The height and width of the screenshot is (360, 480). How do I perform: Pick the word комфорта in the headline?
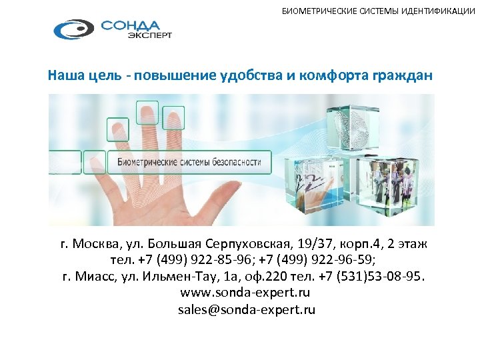click(334, 75)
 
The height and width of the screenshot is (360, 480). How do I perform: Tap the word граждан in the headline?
click(403, 75)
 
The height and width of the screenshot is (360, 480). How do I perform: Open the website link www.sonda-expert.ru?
click(245, 293)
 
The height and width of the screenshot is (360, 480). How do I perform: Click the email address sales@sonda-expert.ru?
click(246, 309)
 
